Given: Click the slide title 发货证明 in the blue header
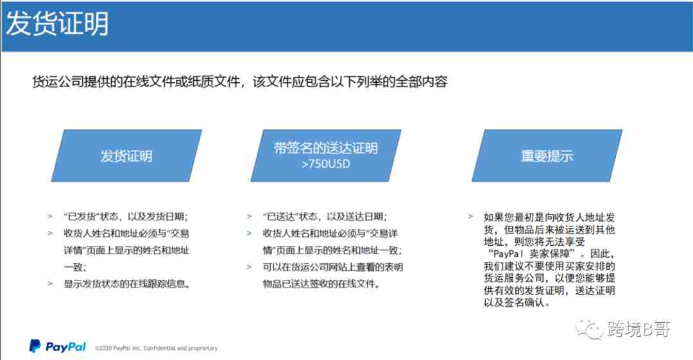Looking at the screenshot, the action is click(57, 24).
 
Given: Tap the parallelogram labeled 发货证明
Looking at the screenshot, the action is click(126, 156).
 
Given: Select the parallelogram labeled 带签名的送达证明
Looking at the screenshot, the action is click(326, 156).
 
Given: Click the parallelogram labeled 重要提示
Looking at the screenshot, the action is click(547, 156).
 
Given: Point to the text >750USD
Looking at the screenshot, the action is click(326, 164).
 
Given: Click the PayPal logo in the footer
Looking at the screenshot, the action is click(58, 347).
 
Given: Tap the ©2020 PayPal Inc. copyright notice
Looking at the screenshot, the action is click(157, 348).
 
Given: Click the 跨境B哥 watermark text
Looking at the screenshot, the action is click(638, 329).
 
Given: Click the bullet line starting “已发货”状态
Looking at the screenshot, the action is click(126, 216).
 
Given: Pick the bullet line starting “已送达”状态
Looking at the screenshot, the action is click(325, 216).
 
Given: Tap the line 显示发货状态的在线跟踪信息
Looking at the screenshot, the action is click(127, 284).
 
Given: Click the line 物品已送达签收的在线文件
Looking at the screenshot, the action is click(321, 284).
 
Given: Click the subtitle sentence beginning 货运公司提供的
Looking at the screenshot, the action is click(240, 82).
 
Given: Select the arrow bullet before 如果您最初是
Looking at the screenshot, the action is click(471, 217).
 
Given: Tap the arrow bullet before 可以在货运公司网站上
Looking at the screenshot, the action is click(249, 267).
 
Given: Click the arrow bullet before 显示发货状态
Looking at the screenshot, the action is click(50, 284).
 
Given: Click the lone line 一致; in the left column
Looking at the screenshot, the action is click(74, 267).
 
